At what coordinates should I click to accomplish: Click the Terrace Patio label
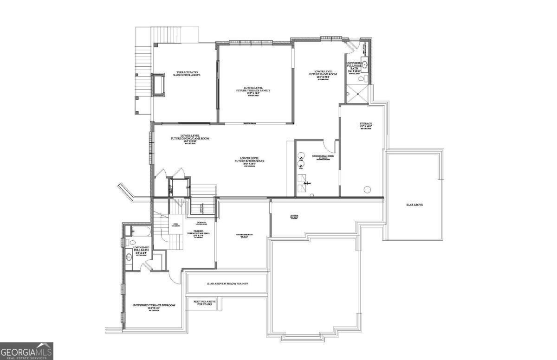pyautogui.click(x=185, y=73)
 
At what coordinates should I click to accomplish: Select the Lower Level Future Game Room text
pyautogui.click(x=319, y=74)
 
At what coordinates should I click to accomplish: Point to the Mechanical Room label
pyautogui.click(x=323, y=156)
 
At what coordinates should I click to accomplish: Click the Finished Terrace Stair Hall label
pyautogui.click(x=199, y=233)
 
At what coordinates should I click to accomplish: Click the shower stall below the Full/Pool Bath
pyautogui.click(x=357, y=93)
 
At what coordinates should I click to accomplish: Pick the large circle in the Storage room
pyautogui.click(x=368, y=189)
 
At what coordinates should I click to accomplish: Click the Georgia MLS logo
pyautogui.click(x=26, y=351)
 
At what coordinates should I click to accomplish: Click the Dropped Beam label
pyautogui.click(x=251, y=123)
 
